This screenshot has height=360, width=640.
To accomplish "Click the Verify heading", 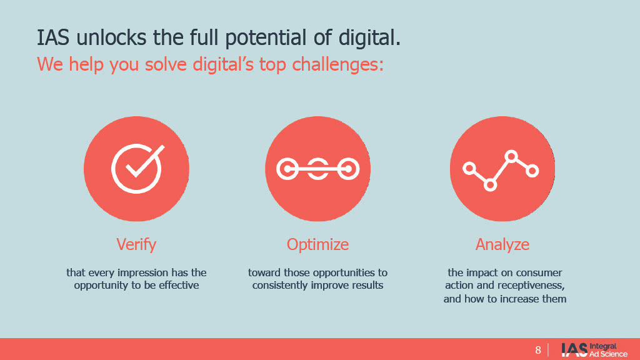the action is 136,244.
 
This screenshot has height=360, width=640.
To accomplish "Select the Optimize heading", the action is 317,244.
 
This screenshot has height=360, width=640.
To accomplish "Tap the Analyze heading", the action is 502,244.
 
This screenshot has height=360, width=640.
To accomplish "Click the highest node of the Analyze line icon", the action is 511,156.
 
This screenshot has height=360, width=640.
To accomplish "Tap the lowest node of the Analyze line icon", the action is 490,185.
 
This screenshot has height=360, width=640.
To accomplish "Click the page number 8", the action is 538,350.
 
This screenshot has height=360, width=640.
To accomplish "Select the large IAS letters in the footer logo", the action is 574,350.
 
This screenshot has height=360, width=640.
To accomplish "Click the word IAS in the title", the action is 53,37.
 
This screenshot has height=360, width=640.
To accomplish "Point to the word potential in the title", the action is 265,37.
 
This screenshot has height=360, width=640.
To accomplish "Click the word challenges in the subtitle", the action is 338,64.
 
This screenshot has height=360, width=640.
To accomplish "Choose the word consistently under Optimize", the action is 280,285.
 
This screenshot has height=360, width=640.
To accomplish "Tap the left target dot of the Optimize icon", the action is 287,169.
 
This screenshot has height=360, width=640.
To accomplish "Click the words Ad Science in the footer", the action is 608,354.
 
